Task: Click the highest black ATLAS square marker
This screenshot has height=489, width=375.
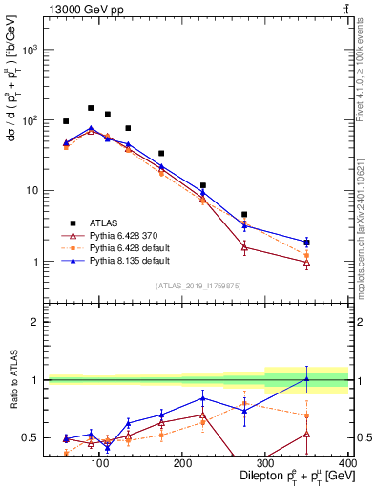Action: (91, 108)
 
